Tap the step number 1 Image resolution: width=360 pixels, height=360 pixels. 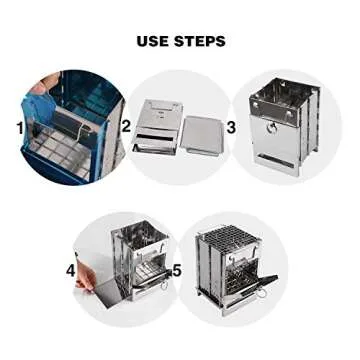point(19,127)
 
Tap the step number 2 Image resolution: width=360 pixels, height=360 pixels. point(127,127)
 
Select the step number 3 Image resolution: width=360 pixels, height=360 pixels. point(230,127)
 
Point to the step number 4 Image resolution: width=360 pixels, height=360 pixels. point(71,270)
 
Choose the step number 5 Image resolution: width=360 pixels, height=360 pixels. point(176,270)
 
